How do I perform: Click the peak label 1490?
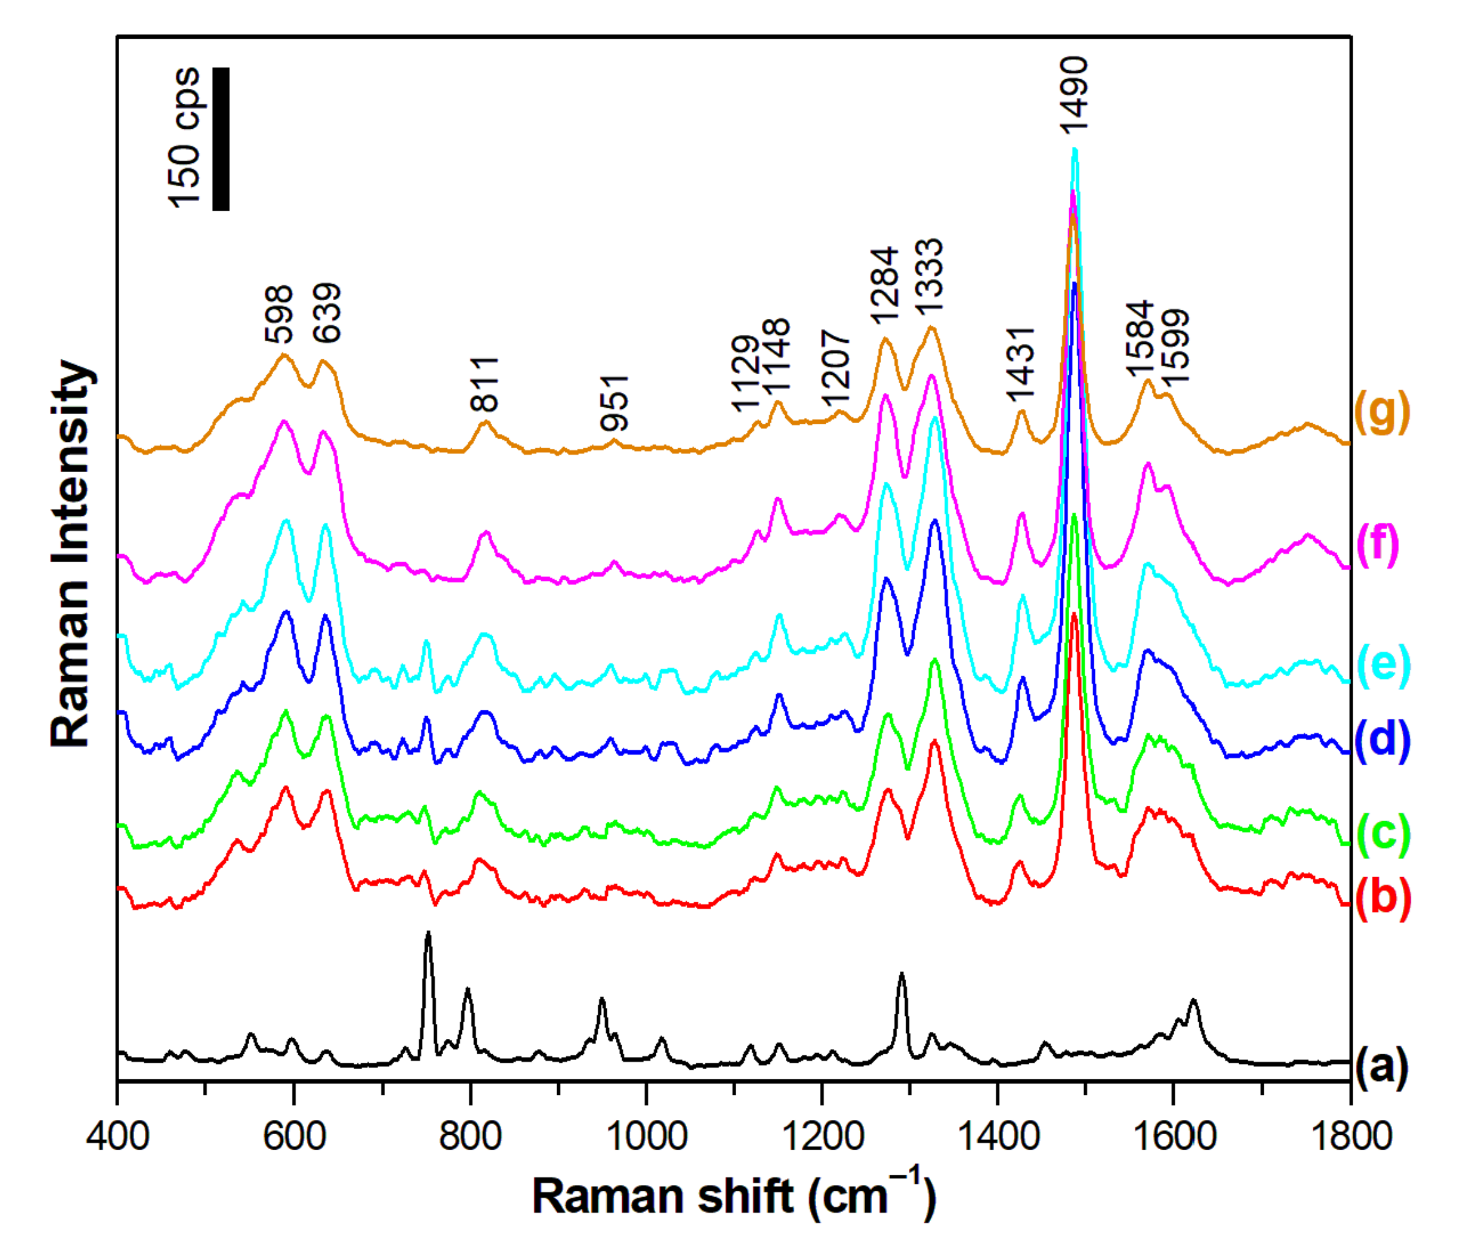1073,95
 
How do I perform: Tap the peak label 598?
279,314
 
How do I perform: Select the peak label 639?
327,314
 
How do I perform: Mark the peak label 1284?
884,286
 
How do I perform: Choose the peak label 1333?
929,276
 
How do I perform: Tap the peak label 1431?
1021,365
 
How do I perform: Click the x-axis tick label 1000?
645,1137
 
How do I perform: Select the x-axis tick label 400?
117,1137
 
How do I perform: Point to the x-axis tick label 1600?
1173,1137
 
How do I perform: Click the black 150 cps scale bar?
221,138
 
